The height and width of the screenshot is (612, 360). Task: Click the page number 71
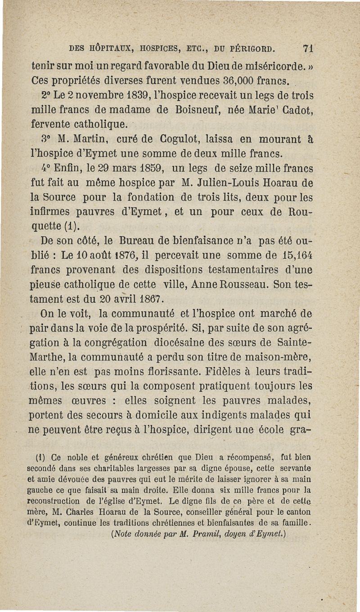click(x=308, y=48)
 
